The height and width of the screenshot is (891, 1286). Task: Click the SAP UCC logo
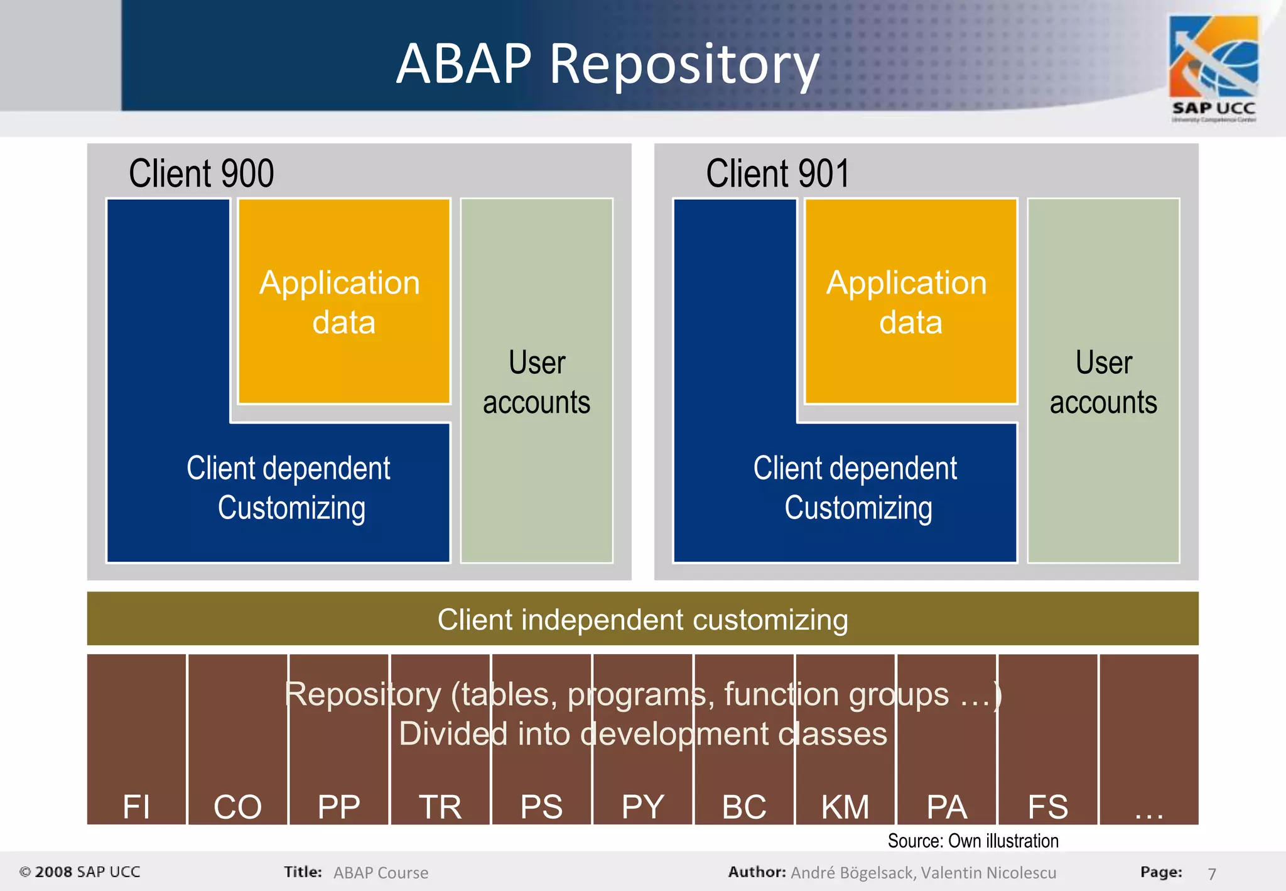[x=1213, y=68]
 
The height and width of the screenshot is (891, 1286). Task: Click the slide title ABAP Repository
[x=608, y=64]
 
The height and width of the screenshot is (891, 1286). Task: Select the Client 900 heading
[x=201, y=173]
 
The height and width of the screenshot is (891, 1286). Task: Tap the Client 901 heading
[x=777, y=173]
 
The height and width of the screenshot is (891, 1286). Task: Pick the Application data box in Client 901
[x=910, y=302]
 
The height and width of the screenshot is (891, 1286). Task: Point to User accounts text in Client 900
[x=537, y=382]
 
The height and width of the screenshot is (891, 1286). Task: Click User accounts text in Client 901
[x=1103, y=382]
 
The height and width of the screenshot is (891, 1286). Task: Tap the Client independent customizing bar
[x=642, y=620]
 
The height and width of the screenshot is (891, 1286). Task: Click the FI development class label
[x=136, y=807]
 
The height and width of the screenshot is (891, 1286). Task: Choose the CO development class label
[x=237, y=807]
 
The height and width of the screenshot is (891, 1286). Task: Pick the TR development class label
[x=440, y=807]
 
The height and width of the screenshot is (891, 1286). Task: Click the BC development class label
[x=744, y=807]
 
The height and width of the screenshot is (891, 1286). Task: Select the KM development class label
[x=845, y=807]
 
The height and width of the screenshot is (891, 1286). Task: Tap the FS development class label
[x=1047, y=807]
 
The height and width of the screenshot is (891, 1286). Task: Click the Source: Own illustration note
[x=973, y=841]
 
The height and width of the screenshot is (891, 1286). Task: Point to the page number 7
[x=1212, y=873]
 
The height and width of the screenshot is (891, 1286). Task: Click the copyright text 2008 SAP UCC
[x=80, y=872]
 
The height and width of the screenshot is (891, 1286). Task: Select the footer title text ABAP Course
[x=381, y=873]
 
